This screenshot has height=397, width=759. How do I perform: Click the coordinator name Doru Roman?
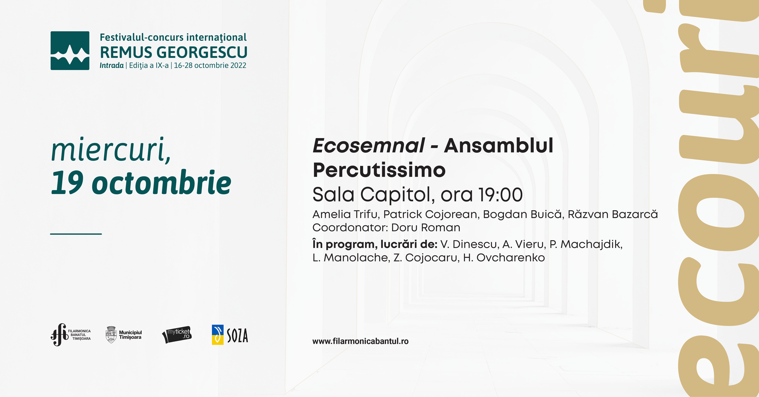(426, 228)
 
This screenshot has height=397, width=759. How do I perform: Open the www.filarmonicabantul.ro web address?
(360, 341)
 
